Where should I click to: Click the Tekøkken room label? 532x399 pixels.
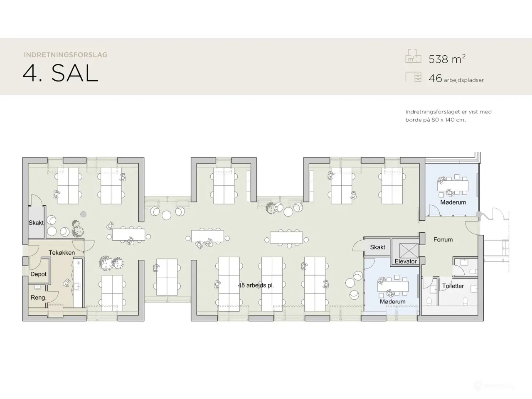[62, 253]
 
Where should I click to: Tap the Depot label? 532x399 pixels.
[38, 274]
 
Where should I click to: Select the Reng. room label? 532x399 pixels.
[38, 298]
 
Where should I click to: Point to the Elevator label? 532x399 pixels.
[406, 261]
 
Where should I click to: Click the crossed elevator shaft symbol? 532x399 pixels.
[409, 251]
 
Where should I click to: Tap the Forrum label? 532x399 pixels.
[443, 239]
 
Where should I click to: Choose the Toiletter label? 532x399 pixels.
[453, 286]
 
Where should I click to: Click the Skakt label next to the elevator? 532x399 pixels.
[377, 247]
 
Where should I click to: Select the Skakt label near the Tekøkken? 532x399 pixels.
[36, 223]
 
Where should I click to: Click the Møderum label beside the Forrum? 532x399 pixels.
[453, 202]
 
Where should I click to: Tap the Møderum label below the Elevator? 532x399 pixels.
[392, 302]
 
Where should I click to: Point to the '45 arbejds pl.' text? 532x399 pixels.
[256, 286]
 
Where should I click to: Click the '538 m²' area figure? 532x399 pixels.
[447, 59]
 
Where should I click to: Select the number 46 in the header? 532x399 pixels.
[435, 78]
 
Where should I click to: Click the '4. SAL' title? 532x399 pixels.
[60, 74]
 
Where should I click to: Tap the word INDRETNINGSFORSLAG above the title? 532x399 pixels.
[66, 55]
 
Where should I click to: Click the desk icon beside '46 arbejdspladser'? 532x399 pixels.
[414, 77]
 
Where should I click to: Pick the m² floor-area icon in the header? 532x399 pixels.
[414, 56]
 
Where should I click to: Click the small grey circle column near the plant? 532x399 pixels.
[84, 214]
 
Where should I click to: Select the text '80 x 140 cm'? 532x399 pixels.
[448, 120]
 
